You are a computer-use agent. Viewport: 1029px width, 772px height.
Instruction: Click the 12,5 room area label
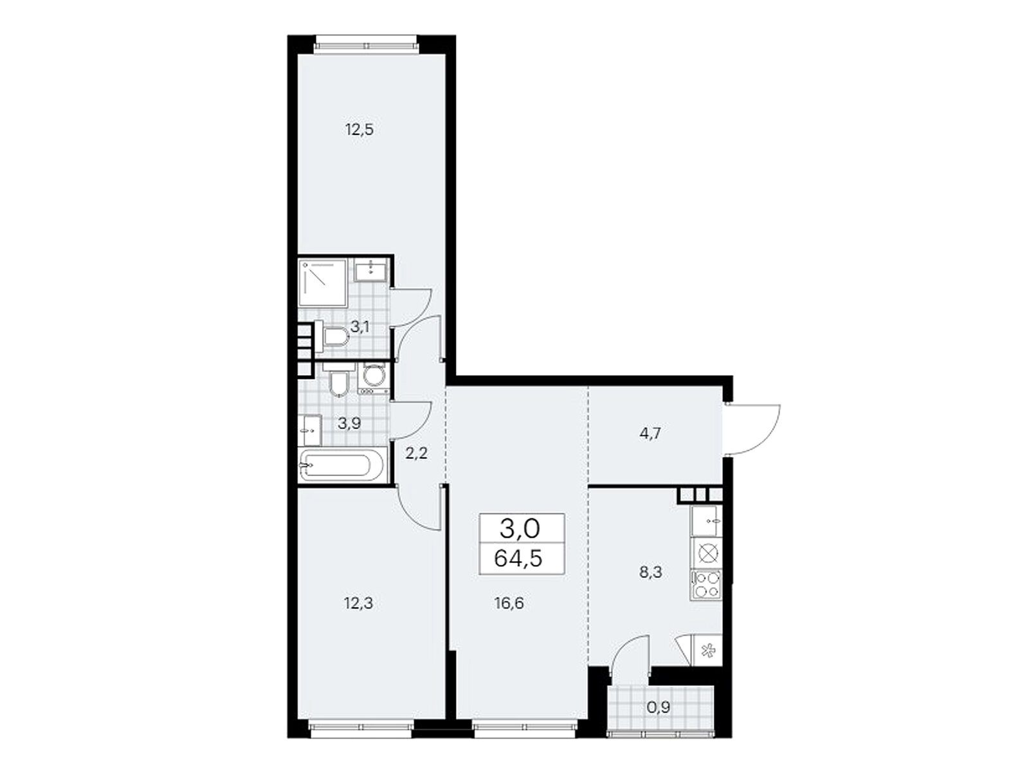[x=359, y=129]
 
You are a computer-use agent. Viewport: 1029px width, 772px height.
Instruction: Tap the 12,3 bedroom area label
[x=359, y=603]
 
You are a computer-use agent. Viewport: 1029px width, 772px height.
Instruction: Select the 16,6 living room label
[x=509, y=603]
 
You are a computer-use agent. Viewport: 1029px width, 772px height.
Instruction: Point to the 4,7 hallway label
[x=650, y=433]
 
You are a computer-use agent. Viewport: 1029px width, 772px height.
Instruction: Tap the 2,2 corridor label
[x=416, y=454]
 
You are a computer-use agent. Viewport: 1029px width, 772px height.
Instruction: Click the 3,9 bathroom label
[x=350, y=423]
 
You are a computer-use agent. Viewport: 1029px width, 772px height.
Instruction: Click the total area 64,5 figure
[x=518, y=558]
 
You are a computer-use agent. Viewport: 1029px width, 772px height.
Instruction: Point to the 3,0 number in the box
[x=520, y=529]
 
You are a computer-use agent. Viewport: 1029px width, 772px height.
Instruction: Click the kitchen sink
[x=706, y=520]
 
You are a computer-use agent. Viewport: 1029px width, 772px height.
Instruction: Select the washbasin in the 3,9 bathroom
[x=310, y=430]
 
